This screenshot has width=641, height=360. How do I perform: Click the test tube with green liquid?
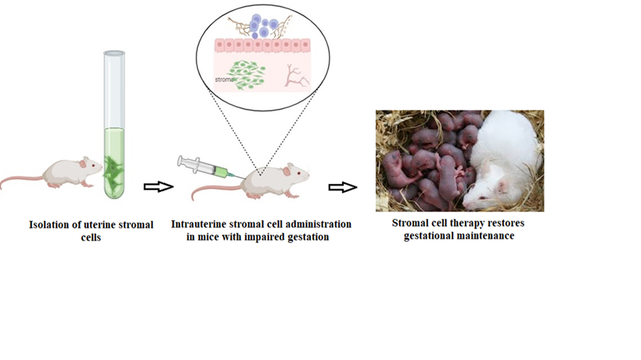[114, 125]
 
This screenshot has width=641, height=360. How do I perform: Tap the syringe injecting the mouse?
[200, 168]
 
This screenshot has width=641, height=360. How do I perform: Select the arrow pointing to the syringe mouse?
[156, 187]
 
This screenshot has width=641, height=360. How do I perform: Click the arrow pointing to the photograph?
[342, 187]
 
